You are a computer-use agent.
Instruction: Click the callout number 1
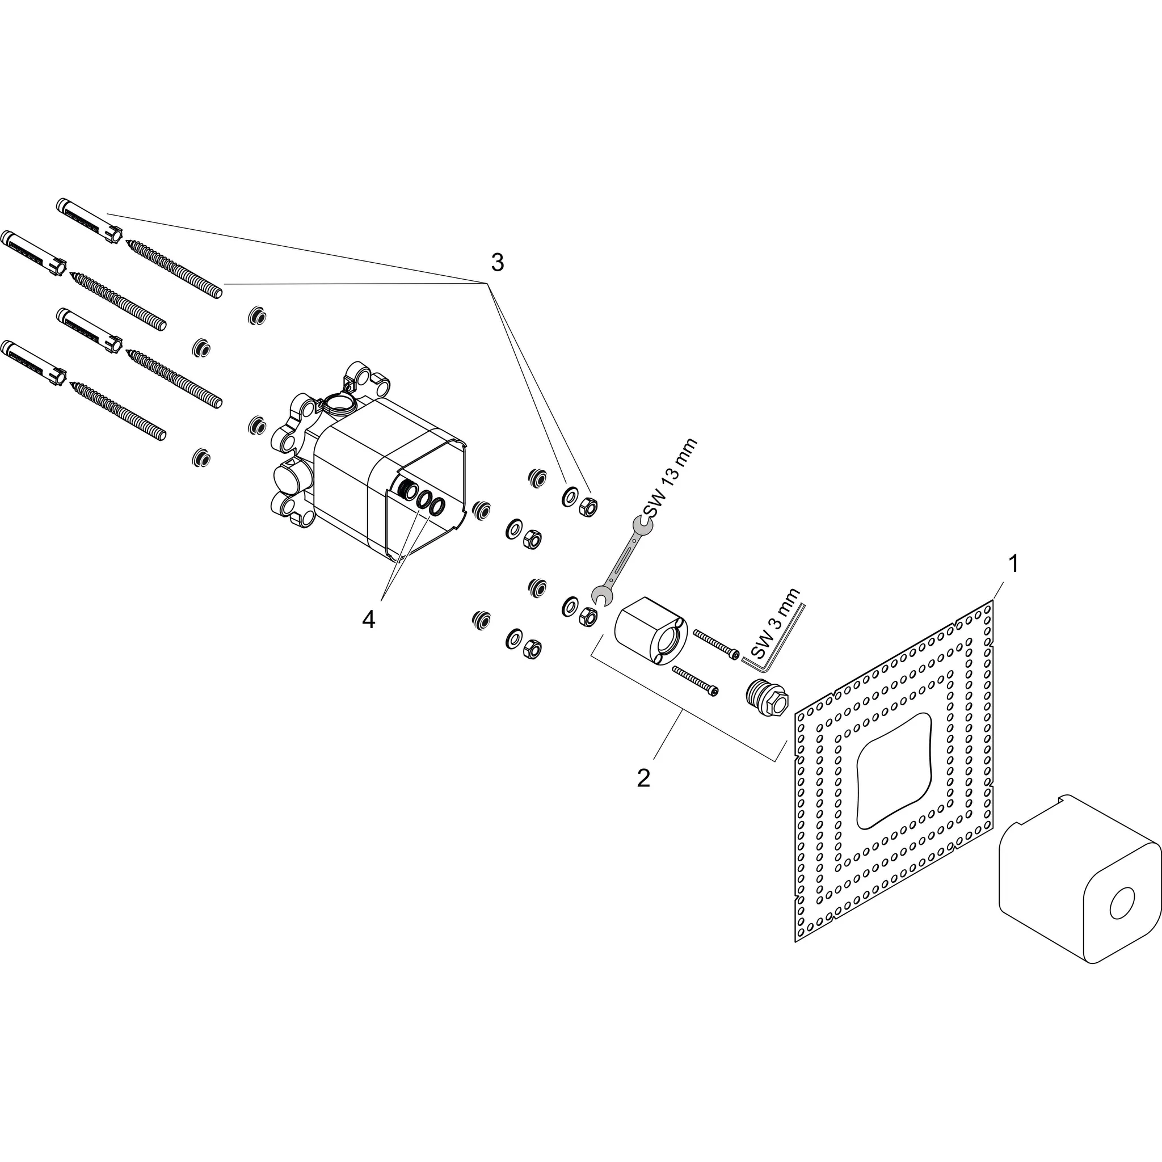tap(1013, 564)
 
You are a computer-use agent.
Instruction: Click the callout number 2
tap(643, 778)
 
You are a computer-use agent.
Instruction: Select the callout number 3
tap(498, 262)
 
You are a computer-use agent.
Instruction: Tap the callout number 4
tap(368, 619)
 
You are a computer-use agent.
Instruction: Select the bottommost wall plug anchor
tap(33, 363)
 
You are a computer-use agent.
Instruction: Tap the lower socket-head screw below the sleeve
tap(695, 681)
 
